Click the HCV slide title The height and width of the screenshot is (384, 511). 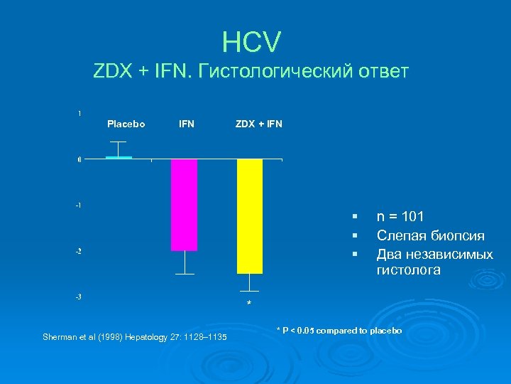coord(251,42)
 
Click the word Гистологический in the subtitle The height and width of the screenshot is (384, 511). coord(269,72)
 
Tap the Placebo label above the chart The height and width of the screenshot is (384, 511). coord(126,124)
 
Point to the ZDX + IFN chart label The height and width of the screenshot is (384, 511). coord(258,124)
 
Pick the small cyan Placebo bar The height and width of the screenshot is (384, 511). coord(119,157)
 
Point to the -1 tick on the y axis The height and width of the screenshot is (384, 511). coord(78,205)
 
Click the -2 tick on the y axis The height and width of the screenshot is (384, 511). coord(78,251)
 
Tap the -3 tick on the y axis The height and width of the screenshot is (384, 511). coord(78,297)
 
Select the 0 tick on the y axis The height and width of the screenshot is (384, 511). coord(79,159)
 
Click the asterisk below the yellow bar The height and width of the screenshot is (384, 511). coord(249,304)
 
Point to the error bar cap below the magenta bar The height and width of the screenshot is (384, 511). coord(185,274)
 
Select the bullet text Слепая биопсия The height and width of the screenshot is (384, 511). coord(430,235)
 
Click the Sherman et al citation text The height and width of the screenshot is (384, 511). coord(135,336)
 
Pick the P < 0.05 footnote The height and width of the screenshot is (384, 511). coord(339,331)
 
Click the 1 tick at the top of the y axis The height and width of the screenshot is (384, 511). coord(79,113)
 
